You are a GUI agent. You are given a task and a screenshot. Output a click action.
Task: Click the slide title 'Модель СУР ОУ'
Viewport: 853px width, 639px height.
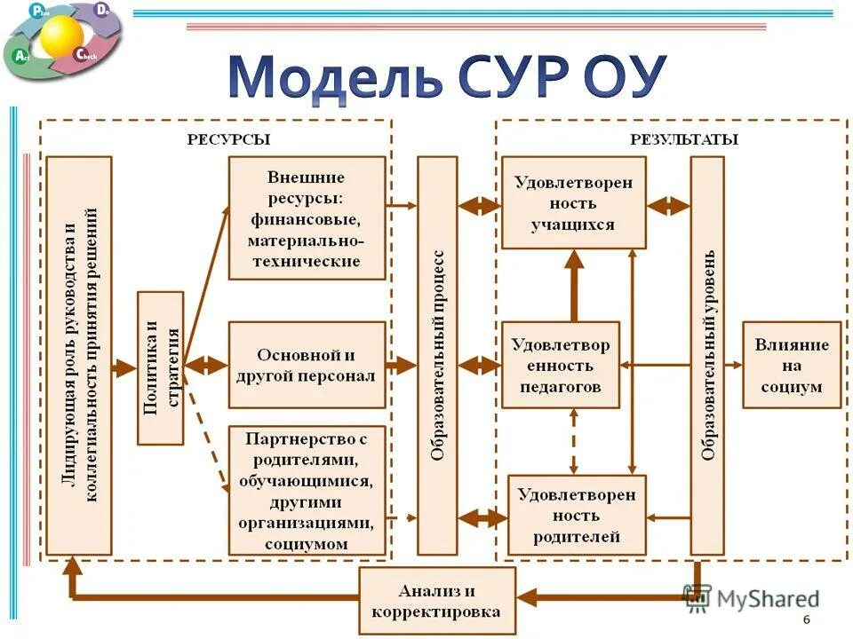[447, 78]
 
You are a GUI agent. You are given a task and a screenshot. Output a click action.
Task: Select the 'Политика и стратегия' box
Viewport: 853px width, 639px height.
[161, 367]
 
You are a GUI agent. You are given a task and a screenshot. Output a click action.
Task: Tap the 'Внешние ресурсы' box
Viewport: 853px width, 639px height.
[307, 218]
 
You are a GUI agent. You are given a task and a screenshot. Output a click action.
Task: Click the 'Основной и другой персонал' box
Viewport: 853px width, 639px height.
[307, 365]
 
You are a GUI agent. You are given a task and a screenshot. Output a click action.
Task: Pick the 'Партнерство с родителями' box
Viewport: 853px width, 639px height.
[307, 490]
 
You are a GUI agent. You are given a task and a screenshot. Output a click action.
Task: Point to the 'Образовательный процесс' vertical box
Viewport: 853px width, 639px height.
[437, 355]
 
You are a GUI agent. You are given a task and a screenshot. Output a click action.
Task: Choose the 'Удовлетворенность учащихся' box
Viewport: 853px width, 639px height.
[573, 203]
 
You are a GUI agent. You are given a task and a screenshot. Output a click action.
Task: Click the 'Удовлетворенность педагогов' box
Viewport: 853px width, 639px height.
[561, 365]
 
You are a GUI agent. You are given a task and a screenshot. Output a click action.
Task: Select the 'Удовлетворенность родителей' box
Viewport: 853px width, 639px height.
[577, 515]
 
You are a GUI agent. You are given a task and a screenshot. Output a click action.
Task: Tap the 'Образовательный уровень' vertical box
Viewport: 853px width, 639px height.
[707, 355]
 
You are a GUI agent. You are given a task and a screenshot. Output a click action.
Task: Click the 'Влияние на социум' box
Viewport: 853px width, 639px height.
[791, 365]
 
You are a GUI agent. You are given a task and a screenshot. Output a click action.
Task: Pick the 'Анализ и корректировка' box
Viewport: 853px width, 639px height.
[436, 601]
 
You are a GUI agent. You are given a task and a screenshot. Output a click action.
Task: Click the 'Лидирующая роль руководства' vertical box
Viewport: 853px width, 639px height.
[79, 355]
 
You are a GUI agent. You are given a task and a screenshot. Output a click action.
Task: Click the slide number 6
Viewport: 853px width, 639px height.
[806, 619]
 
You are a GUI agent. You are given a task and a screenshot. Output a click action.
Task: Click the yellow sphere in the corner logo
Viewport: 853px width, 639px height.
[61, 35]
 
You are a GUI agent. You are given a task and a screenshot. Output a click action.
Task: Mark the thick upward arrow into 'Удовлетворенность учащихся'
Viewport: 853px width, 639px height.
[574, 284]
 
